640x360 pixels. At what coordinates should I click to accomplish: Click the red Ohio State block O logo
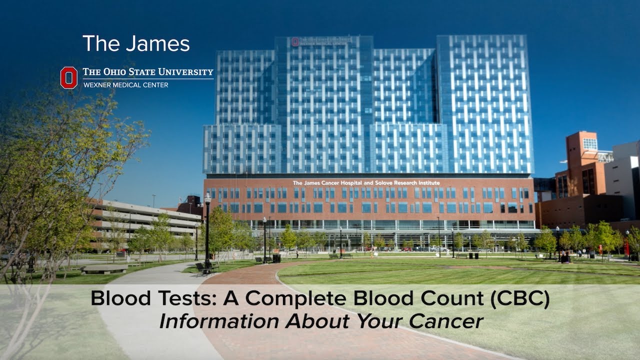point(69,77)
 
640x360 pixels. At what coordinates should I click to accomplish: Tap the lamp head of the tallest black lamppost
point(207,198)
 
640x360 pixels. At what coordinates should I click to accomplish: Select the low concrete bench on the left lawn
point(104,268)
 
